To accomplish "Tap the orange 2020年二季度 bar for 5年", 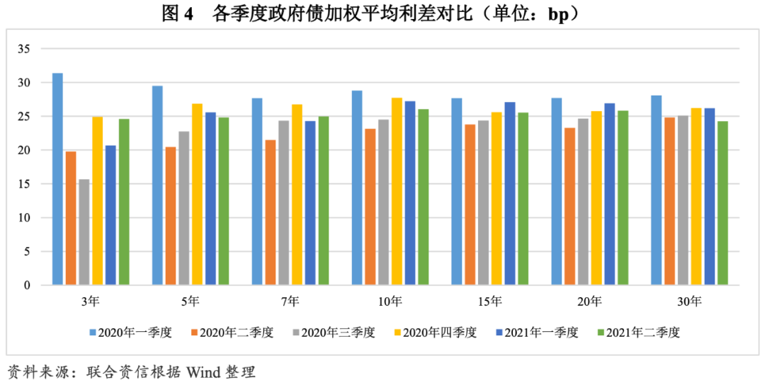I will (170, 216).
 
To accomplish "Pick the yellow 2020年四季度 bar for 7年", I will (296, 195).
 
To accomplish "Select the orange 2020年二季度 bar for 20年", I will (569, 206).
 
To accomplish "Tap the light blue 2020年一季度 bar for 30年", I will (656, 190).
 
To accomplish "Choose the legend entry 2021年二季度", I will (642, 332).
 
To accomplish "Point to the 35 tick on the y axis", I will (25, 49).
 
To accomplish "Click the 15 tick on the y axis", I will (25, 184).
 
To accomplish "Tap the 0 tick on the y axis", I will (28, 285).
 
